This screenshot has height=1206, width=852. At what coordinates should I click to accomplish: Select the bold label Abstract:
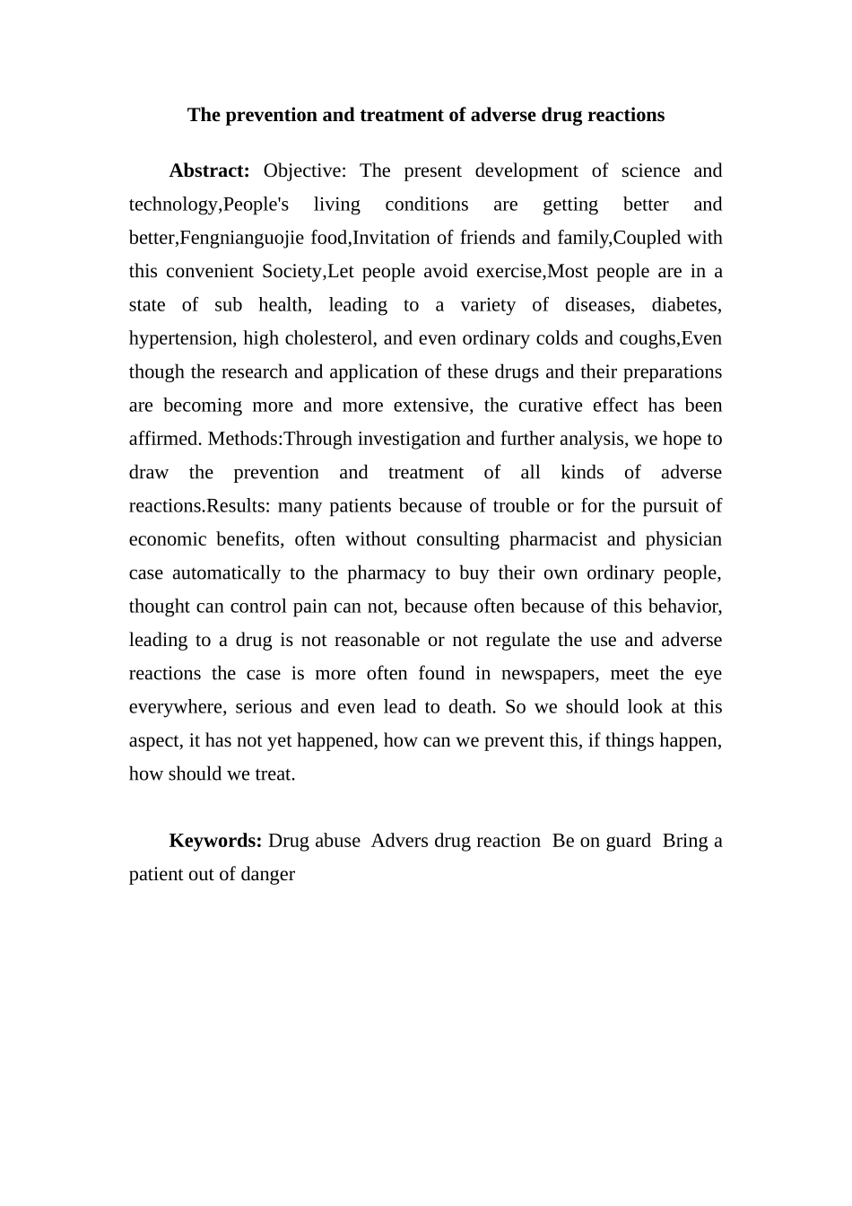tap(209, 170)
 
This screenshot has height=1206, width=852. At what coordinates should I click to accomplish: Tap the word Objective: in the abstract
tap(305, 170)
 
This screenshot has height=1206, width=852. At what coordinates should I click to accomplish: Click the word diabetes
tap(686, 305)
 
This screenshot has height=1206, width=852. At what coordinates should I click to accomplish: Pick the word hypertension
tap(181, 338)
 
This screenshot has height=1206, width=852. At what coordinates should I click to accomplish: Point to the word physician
tap(683, 539)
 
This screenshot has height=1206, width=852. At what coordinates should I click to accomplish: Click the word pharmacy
tap(386, 572)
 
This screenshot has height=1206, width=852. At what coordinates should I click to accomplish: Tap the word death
tap(472, 707)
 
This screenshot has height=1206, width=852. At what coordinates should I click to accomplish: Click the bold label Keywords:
tap(215, 841)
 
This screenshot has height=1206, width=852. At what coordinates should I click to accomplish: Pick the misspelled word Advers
tap(399, 841)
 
